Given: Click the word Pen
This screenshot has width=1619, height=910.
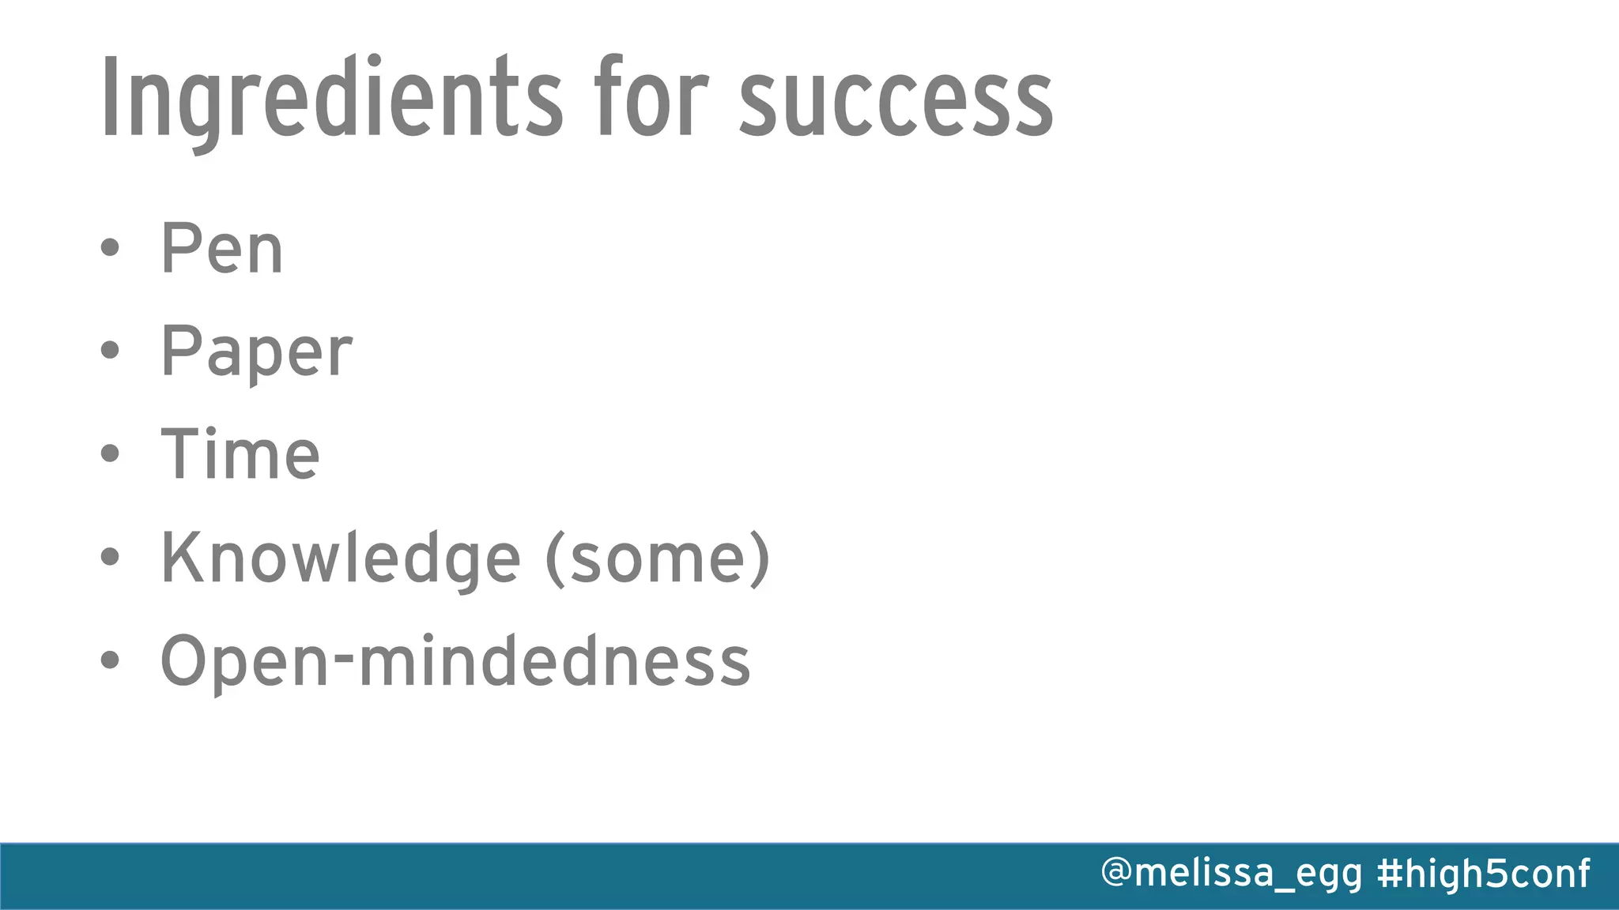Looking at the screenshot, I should tap(221, 249).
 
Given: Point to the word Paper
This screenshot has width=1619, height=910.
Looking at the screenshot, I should tap(256, 352).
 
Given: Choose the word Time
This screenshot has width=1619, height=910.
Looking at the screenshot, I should tap(240, 454).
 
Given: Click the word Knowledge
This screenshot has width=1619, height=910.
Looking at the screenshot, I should tap(341, 558).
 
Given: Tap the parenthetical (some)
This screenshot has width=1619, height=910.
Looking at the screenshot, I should tap(658, 558).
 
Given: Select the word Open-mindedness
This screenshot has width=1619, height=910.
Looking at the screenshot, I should tap(455, 662).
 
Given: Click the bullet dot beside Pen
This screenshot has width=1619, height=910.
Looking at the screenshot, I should tap(110, 248).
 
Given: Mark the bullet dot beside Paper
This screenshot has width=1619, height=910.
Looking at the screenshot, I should tap(110, 350).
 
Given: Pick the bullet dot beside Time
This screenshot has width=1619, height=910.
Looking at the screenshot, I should tap(110, 453).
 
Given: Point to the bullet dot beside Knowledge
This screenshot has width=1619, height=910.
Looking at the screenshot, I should tap(110, 557).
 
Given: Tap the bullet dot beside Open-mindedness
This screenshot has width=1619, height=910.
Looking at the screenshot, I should tap(110, 660).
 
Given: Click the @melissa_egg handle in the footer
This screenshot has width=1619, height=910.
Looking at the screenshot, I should tap(1232, 874).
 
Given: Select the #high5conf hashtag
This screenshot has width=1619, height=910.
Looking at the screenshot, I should tap(1483, 874).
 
